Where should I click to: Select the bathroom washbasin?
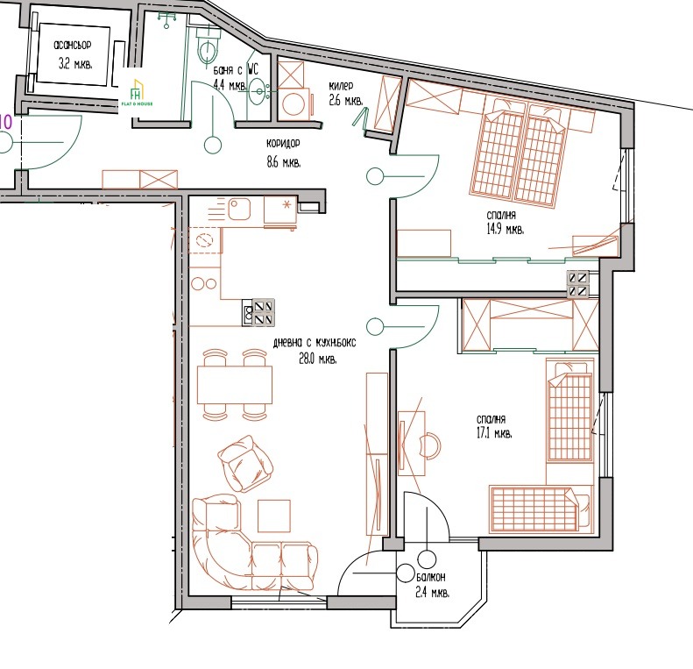point(258,91)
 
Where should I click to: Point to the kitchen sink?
point(239,209)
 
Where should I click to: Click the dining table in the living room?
point(234,385)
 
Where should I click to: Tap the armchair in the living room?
point(244,463)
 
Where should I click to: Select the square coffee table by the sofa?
point(274,516)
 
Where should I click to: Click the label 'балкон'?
point(430,578)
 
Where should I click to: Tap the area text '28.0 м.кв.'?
point(318,359)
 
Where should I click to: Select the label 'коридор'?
point(283,145)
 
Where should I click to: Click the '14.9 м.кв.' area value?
point(506,230)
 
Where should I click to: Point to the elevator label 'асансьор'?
point(73,45)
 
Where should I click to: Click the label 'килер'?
point(341,85)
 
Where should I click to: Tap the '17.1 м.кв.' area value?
point(493,434)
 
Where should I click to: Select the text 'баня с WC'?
point(236,70)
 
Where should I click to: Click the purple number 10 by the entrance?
point(5,122)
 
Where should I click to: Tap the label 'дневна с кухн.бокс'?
point(315,343)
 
